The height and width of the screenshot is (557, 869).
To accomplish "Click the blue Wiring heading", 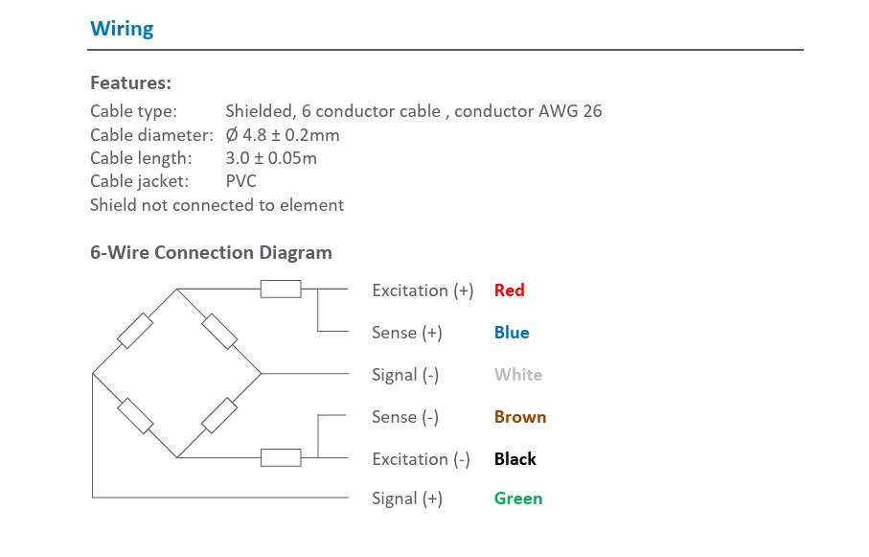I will [122, 29].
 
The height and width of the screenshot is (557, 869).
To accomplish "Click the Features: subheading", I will [130, 82].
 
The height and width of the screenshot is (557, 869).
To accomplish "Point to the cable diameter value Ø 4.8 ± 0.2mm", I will [283, 135].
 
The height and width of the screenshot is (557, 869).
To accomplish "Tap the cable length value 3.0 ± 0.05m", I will [271, 158].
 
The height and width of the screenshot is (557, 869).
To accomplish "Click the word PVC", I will [241, 181].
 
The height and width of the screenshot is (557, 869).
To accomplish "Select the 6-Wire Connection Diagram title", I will [211, 253].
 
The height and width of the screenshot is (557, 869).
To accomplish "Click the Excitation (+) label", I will [423, 290].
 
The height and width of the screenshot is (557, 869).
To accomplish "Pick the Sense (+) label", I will [407, 333].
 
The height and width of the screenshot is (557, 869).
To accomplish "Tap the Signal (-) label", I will [405, 375].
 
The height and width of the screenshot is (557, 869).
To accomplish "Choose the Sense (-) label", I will [405, 417].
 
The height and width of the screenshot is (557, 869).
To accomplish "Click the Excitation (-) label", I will [421, 459].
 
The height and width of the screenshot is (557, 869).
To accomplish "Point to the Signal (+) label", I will [407, 499].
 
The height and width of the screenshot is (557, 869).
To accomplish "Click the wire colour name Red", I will [510, 290].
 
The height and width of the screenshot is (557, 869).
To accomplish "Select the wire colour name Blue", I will [512, 333].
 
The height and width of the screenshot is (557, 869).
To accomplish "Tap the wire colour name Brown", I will [520, 417].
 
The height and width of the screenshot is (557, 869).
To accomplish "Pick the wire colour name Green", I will [518, 499].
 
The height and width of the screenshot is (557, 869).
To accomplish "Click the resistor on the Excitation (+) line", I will [281, 289].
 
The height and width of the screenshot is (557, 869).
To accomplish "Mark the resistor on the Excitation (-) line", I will [281, 457].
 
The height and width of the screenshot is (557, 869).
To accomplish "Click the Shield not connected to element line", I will [217, 205].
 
